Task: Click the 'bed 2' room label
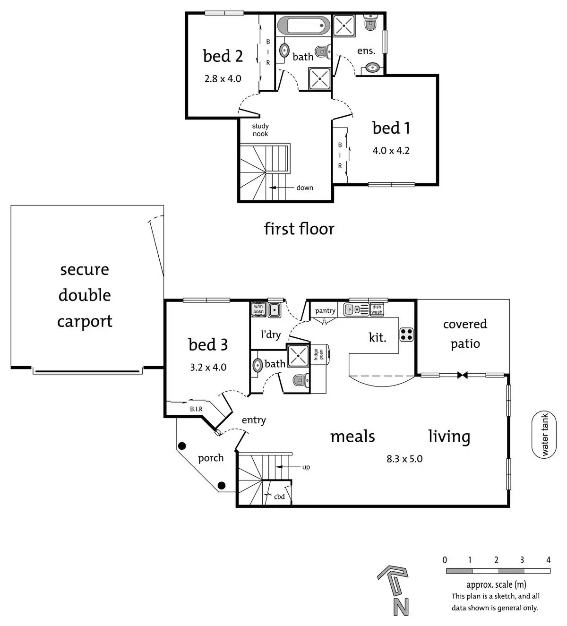pos(223,56)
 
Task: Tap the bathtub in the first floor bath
pos(302,25)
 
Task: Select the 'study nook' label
pos(260,130)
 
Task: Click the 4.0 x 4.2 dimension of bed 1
pos(391,151)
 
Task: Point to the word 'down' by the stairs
pos(305,188)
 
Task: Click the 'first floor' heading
pos(299,229)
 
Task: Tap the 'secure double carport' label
pos(85,295)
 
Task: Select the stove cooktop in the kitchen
pos(406,334)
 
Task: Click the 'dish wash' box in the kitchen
pos(377,309)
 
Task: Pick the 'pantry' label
pos(325,310)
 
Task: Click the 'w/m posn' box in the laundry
pos(258,309)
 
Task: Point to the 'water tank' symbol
pos(544,435)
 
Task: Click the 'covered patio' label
pos(465,334)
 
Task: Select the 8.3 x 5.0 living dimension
pos(404,459)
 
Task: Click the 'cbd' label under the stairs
pos(279,497)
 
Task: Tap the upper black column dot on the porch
pos(181,446)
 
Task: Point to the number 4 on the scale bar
pos(549,560)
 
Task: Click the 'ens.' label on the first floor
pos(366,51)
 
